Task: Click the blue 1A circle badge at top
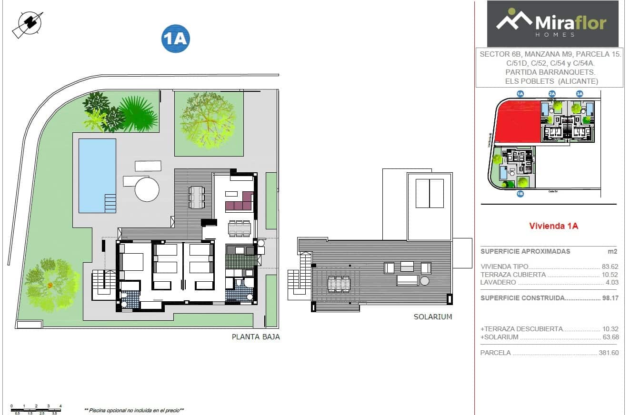pos(176,38)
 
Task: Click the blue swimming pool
pos(97,175)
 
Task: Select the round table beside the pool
pos(147,189)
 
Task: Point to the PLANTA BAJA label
pos(256,337)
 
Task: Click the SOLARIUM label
pos(432,317)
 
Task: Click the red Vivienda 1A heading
pos(553,227)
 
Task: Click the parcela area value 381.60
pos(608,353)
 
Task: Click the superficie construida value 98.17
pos(610,298)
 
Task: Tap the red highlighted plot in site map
pos(517,121)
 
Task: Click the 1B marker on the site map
pos(520,194)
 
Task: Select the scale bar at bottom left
pos(36,408)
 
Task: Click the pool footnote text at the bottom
pos(134,410)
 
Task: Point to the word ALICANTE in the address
pos(579,81)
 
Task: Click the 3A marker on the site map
pos(580,94)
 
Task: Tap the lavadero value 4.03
pos(611,282)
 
